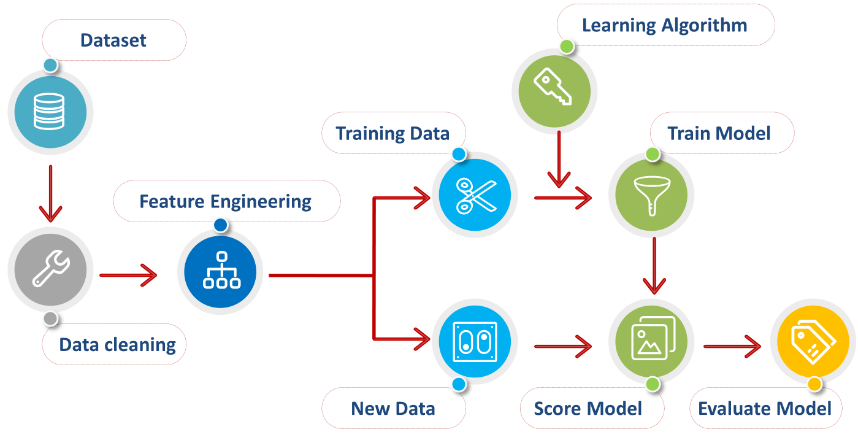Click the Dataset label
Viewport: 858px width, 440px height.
tap(113, 41)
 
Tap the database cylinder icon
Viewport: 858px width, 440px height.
tap(49, 111)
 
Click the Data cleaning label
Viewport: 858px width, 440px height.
tap(117, 344)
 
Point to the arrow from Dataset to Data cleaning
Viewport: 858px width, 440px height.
tap(50, 193)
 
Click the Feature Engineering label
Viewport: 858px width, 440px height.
tap(225, 201)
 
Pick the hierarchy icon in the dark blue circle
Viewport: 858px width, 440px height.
tap(221, 271)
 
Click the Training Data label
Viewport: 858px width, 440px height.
tap(393, 133)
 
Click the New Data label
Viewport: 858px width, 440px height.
tap(393, 408)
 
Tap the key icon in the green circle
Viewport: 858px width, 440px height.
tap(553, 88)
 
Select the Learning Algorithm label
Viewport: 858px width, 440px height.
tap(664, 25)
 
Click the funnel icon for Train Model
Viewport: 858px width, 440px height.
tap(651, 195)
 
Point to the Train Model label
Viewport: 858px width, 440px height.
tap(719, 133)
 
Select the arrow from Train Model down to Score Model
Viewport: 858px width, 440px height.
tap(654, 265)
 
